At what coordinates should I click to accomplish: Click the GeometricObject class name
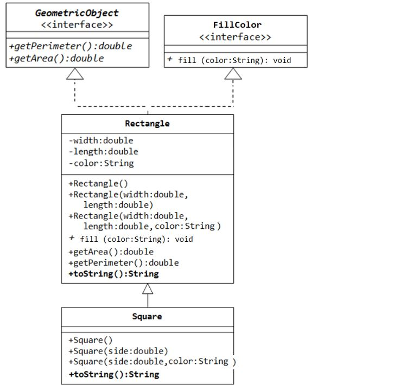[x=77, y=13]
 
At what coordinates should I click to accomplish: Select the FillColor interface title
[x=237, y=25]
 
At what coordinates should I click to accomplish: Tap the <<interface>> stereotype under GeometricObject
[x=77, y=25]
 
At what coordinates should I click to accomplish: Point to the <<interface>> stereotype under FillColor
[x=235, y=37]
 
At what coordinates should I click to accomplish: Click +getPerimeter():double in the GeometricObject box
[x=71, y=46]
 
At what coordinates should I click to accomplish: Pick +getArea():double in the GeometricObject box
[x=56, y=58]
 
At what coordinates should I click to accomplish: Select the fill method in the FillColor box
[x=230, y=60]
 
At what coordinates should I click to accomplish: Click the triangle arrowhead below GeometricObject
[x=75, y=74]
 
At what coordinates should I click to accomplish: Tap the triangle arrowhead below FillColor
[x=233, y=74]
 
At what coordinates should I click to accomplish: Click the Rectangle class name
[x=147, y=124]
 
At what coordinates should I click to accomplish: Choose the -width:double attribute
[x=100, y=140]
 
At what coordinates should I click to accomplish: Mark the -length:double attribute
[x=103, y=152]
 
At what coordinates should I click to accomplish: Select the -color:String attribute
[x=101, y=163]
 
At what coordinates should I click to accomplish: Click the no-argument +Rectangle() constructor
[x=98, y=184]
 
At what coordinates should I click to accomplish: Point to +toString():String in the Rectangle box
[x=113, y=274]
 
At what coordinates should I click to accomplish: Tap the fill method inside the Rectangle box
[x=131, y=239]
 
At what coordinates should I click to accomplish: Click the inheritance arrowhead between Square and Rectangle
[x=148, y=289]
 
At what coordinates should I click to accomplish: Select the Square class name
[x=147, y=316]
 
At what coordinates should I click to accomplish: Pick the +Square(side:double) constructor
[x=118, y=351]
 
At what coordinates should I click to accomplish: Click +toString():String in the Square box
[x=113, y=374]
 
